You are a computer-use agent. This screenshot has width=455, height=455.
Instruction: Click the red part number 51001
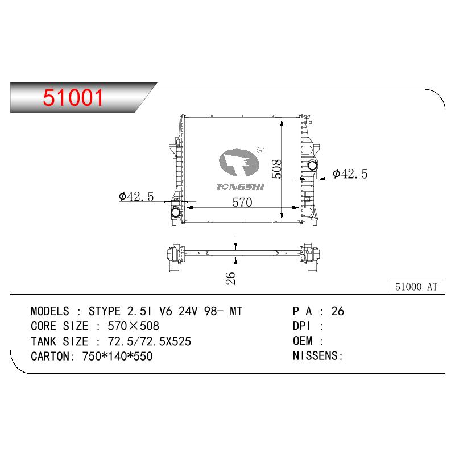(73, 97)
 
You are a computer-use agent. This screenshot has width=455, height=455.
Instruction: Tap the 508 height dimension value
(276, 168)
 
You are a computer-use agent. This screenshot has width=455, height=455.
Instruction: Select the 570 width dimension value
(242, 202)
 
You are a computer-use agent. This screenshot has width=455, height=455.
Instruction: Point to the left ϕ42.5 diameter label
(136, 196)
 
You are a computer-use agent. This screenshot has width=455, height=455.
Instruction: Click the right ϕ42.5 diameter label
(350, 174)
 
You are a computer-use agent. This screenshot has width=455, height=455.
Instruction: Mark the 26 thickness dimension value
(230, 278)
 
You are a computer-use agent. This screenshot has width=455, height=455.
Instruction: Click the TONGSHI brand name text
(240, 187)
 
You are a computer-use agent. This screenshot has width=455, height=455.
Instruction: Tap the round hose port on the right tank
(312, 166)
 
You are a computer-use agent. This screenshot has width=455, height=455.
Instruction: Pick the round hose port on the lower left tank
(176, 212)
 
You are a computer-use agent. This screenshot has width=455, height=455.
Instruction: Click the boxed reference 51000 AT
(416, 287)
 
